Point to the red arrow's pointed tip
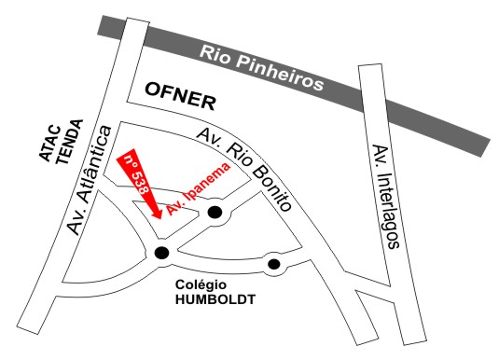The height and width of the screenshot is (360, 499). click(x=159, y=220)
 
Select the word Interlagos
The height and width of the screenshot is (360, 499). click(x=389, y=210)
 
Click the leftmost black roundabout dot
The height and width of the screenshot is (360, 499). click(x=162, y=252)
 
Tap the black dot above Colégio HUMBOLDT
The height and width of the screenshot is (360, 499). click(x=273, y=265)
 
